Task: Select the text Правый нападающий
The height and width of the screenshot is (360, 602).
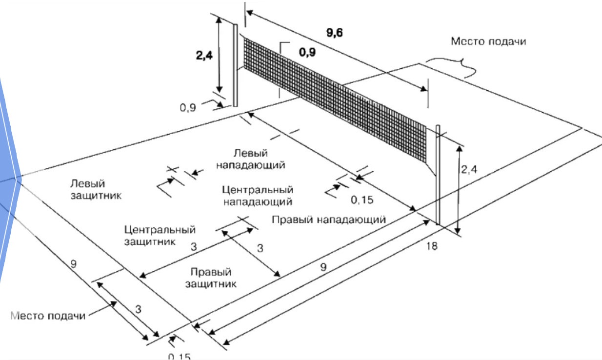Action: pyautogui.click(x=329, y=219)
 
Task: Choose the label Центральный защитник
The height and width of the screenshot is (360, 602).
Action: pyautogui.click(x=160, y=235)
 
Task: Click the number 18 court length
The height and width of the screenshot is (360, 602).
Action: pyautogui.click(x=431, y=246)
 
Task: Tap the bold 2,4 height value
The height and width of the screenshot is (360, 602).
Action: pyautogui.click(x=201, y=54)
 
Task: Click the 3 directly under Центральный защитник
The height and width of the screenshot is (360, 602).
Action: pyautogui.click(x=194, y=247)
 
